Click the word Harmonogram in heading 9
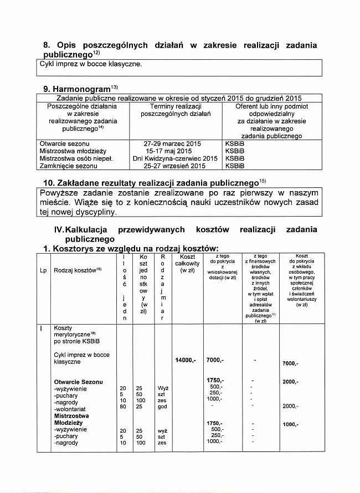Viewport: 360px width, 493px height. [x=80, y=88]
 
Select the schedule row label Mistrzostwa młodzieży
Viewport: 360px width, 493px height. [x=73, y=151]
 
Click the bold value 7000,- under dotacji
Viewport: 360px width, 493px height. [x=215, y=361]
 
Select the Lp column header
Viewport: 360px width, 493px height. [x=43, y=270]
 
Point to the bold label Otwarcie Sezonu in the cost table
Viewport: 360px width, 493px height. [x=78, y=382]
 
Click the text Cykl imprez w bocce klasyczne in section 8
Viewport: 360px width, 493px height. [x=91, y=64]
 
